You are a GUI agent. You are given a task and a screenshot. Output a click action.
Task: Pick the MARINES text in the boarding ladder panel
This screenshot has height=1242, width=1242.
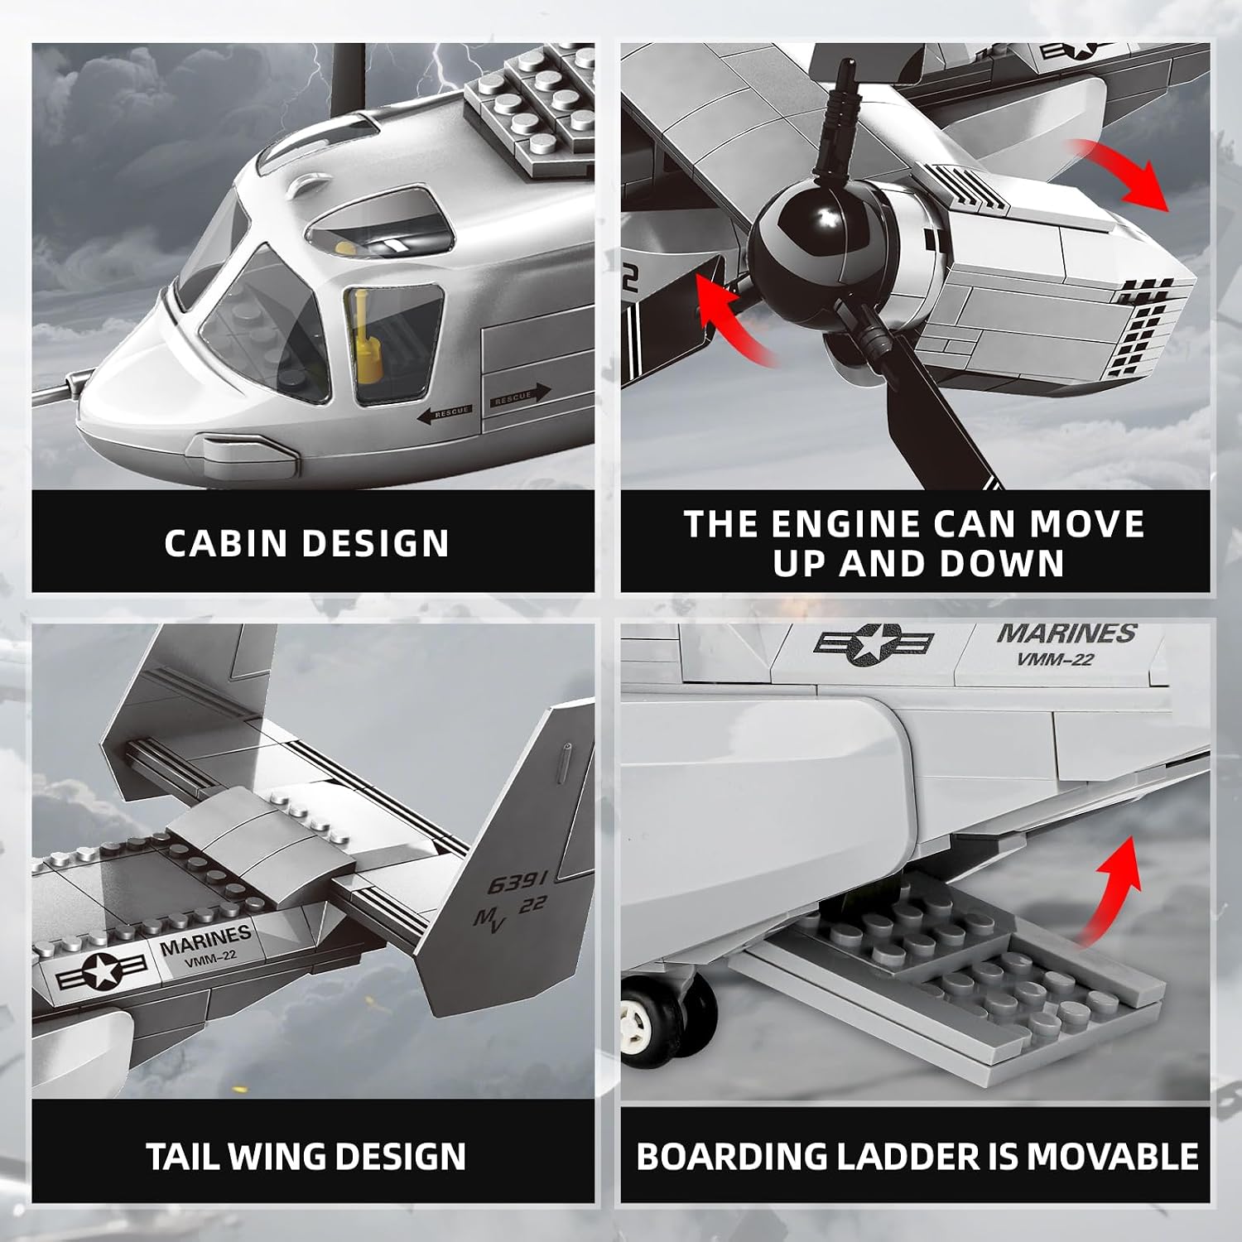1067,633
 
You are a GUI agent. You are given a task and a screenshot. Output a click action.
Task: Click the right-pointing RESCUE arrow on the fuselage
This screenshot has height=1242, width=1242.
520,397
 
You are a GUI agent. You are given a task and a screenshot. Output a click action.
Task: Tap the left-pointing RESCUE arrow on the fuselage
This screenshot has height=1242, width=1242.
444,413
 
